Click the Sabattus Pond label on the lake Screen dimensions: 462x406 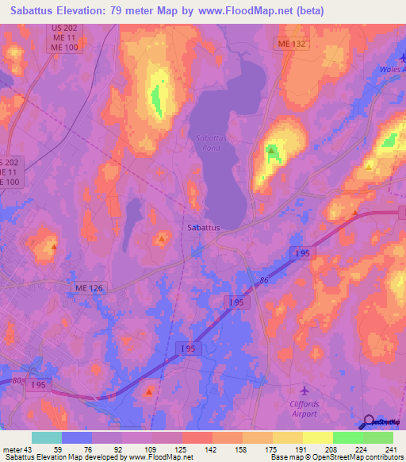[x=209, y=142]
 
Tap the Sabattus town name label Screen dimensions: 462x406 [x=204, y=227]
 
